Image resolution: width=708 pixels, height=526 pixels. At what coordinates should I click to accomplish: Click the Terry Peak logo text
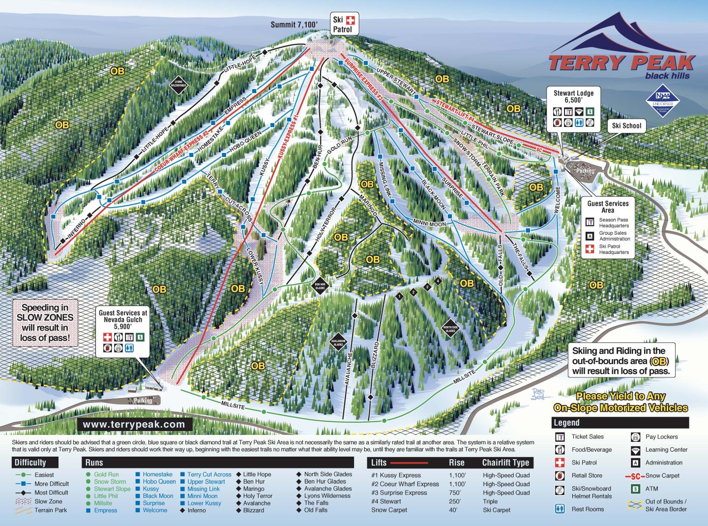(620, 63)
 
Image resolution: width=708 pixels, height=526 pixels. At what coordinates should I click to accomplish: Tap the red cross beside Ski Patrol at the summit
(351, 21)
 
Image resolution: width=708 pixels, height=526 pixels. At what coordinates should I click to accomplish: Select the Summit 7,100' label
(294, 24)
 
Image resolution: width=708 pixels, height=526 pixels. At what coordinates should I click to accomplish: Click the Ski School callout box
(626, 126)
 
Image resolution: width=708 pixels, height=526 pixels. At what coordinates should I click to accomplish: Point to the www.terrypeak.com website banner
(134, 424)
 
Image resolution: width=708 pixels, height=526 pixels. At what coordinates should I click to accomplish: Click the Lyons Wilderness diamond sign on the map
(179, 84)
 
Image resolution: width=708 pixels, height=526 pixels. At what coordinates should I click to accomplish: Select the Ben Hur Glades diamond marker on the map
(320, 285)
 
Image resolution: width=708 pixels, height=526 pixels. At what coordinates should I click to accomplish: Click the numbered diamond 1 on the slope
(399, 296)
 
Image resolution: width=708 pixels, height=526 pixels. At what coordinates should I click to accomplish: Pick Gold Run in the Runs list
(106, 475)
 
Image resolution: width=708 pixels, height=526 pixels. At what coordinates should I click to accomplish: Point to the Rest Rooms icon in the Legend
(559, 509)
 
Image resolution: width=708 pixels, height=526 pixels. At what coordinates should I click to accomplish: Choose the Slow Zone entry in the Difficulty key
(48, 501)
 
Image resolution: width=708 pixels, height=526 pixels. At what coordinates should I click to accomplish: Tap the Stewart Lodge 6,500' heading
(573, 96)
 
